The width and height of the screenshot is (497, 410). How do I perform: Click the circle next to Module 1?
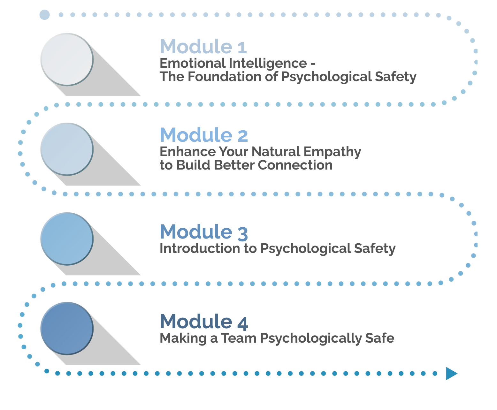pyautogui.click(x=67, y=59)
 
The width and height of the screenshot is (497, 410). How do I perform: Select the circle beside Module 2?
pyautogui.click(x=67, y=149)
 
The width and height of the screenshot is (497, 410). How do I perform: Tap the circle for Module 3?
pyautogui.click(x=67, y=239)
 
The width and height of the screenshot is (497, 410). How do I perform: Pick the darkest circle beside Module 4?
pyautogui.click(x=67, y=328)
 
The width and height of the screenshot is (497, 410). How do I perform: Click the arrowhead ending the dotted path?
pyautogui.click(x=451, y=373)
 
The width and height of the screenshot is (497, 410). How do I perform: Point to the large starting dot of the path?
pyautogui.click(x=44, y=15)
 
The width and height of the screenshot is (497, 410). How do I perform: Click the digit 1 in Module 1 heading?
pyautogui.click(x=242, y=47)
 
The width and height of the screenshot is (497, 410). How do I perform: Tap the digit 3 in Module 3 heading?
pyautogui.click(x=243, y=233)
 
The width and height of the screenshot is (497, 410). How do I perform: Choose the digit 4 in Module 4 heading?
pyautogui.click(x=243, y=323)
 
